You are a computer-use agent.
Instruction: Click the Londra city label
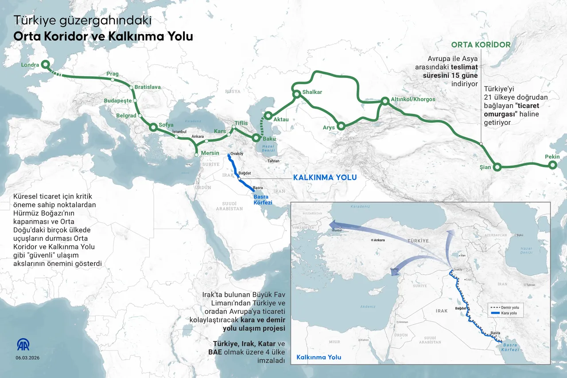(30, 65)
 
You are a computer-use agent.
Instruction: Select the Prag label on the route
(113, 74)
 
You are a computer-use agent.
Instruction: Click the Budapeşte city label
(118, 101)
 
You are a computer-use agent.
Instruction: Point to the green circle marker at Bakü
(256, 138)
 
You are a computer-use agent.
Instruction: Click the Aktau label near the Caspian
(281, 120)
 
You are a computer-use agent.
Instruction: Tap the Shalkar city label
(312, 92)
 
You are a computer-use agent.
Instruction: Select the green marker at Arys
(341, 126)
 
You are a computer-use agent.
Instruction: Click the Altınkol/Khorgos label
(413, 99)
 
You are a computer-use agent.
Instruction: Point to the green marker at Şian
(497, 167)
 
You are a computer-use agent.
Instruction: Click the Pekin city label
(552, 157)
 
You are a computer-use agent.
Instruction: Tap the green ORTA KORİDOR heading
(481, 45)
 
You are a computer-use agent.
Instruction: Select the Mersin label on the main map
(210, 153)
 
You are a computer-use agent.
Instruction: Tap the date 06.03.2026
(28, 357)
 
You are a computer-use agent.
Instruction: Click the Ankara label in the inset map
(379, 240)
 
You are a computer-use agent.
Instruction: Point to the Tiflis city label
(241, 123)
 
